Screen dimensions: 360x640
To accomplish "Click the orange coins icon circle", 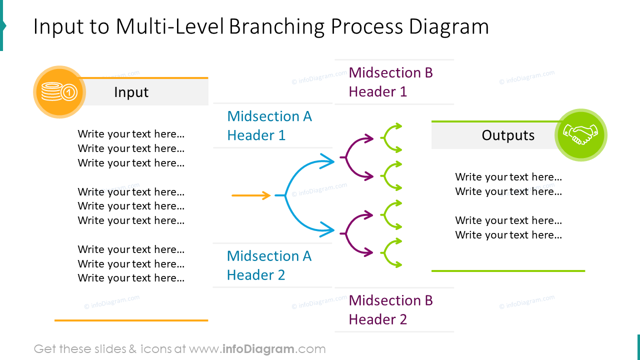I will pos(59,92).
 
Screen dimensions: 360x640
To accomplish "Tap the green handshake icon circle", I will pos(581,135).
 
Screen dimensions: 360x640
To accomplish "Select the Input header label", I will pos(131,92).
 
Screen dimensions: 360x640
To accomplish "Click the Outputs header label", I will pos(508,135).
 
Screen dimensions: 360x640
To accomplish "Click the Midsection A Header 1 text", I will pos(269,125).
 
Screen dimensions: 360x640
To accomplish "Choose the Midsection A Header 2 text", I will pos(269,265).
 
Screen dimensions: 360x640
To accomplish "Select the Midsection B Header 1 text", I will pos(390,82).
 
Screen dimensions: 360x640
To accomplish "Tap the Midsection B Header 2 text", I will pos(390,309).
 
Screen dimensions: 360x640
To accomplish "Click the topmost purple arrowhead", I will pos(369,138).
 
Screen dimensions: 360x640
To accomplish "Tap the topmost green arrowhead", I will pos(398,126).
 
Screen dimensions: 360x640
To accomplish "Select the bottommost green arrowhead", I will pos(398,264).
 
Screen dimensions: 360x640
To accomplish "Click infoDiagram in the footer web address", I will pos(258,349).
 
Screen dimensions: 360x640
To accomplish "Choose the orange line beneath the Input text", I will pos(131,320).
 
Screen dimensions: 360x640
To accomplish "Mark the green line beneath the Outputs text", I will pos(508,271).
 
